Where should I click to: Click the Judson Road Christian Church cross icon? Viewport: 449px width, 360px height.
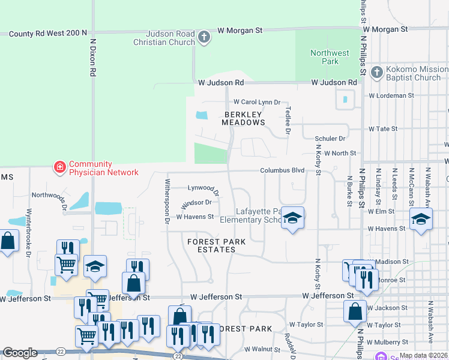pos(204,37)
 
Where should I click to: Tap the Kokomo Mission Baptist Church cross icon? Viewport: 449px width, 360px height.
pos(376,73)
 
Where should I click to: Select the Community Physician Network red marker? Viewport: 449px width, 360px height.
pos(60,167)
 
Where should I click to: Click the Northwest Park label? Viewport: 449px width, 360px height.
pos(330,57)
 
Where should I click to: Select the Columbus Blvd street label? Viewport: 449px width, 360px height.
pos(282,170)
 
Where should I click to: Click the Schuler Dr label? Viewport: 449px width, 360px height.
pos(333,138)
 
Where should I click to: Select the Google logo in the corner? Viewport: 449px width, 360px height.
pos(20,353)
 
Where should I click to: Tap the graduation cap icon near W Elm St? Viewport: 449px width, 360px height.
pos(421,219)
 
